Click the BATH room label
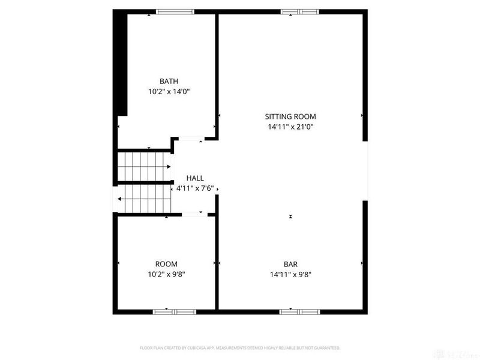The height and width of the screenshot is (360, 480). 169,82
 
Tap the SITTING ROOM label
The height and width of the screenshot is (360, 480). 290,116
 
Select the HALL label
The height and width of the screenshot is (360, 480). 195,178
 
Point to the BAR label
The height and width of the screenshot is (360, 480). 290,264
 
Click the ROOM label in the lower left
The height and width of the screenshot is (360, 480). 166,264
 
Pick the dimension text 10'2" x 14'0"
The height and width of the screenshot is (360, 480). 169,92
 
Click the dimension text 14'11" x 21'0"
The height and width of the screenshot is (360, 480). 290,127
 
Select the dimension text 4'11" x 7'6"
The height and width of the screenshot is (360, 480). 196,188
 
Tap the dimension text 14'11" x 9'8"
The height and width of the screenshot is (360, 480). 290,274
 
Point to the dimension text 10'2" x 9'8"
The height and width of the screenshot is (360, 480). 166,274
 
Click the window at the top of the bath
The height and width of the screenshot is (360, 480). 175,11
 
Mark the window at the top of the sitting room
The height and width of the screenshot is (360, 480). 299,11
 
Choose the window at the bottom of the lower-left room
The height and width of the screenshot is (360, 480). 175,311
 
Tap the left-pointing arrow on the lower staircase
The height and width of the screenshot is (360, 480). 121,199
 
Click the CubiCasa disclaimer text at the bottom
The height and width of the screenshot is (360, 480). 240,348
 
